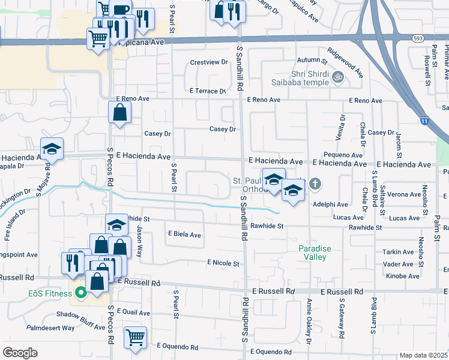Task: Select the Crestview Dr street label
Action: pyautogui.click(x=209, y=62)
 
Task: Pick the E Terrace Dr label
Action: pyautogui.click(x=206, y=91)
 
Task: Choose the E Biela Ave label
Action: pyautogui.click(x=184, y=235)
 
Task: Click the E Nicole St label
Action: pyautogui.click(x=223, y=263)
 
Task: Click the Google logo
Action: pyautogui.click(x=20, y=352)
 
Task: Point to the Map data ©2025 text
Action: pyautogui.click(x=423, y=355)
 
